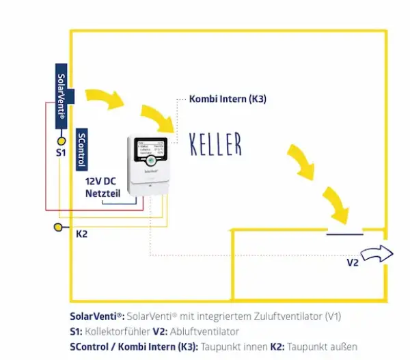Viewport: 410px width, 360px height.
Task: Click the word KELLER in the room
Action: [x=215, y=144]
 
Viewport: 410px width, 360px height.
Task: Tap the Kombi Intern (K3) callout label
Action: [x=228, y=99]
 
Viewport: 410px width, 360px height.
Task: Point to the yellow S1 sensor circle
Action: [x=61, y=140]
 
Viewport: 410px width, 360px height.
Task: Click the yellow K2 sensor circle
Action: [x=58, y=227]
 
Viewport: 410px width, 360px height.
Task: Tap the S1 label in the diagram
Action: [x=60, y=153]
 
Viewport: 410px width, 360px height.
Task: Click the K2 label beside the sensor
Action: [x=81, y=234]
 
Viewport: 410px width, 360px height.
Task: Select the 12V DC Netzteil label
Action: [x=102, y=189]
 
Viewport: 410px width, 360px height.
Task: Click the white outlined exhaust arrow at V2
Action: [x=377, y=254]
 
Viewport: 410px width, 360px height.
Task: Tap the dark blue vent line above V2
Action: [x=344, y=234]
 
